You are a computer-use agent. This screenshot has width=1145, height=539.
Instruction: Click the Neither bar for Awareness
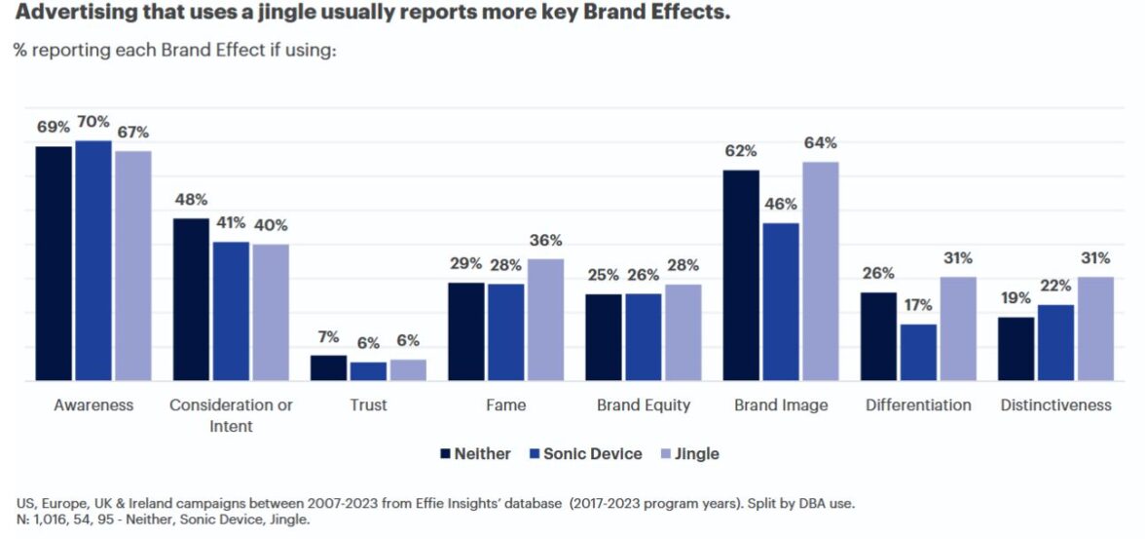click(54, 263)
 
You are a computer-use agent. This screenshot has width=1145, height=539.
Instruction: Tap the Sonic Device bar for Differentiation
click(918, 352)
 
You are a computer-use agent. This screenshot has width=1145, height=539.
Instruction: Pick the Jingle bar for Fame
click(545, 320)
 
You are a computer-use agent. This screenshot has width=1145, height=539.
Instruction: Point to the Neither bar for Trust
click(328, 367)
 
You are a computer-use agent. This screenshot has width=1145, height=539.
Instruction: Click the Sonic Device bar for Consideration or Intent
click(231, 311)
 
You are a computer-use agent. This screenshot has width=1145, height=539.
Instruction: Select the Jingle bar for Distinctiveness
click(1095, 328)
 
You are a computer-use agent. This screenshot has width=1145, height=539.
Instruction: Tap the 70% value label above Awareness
click(92, 122)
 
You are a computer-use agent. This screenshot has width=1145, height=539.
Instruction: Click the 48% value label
click(191, 200)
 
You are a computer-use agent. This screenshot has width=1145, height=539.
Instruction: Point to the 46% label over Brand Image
click(781, 205)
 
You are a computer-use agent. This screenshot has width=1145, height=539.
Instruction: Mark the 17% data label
click(918, 305)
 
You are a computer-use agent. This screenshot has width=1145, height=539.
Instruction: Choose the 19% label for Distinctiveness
click(1016, 298)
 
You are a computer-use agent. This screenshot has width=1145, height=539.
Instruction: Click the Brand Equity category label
click(643, 404)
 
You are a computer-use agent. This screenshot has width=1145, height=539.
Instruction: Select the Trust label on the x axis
click(367, 404)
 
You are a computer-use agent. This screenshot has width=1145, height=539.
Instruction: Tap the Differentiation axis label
click(918, 404)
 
